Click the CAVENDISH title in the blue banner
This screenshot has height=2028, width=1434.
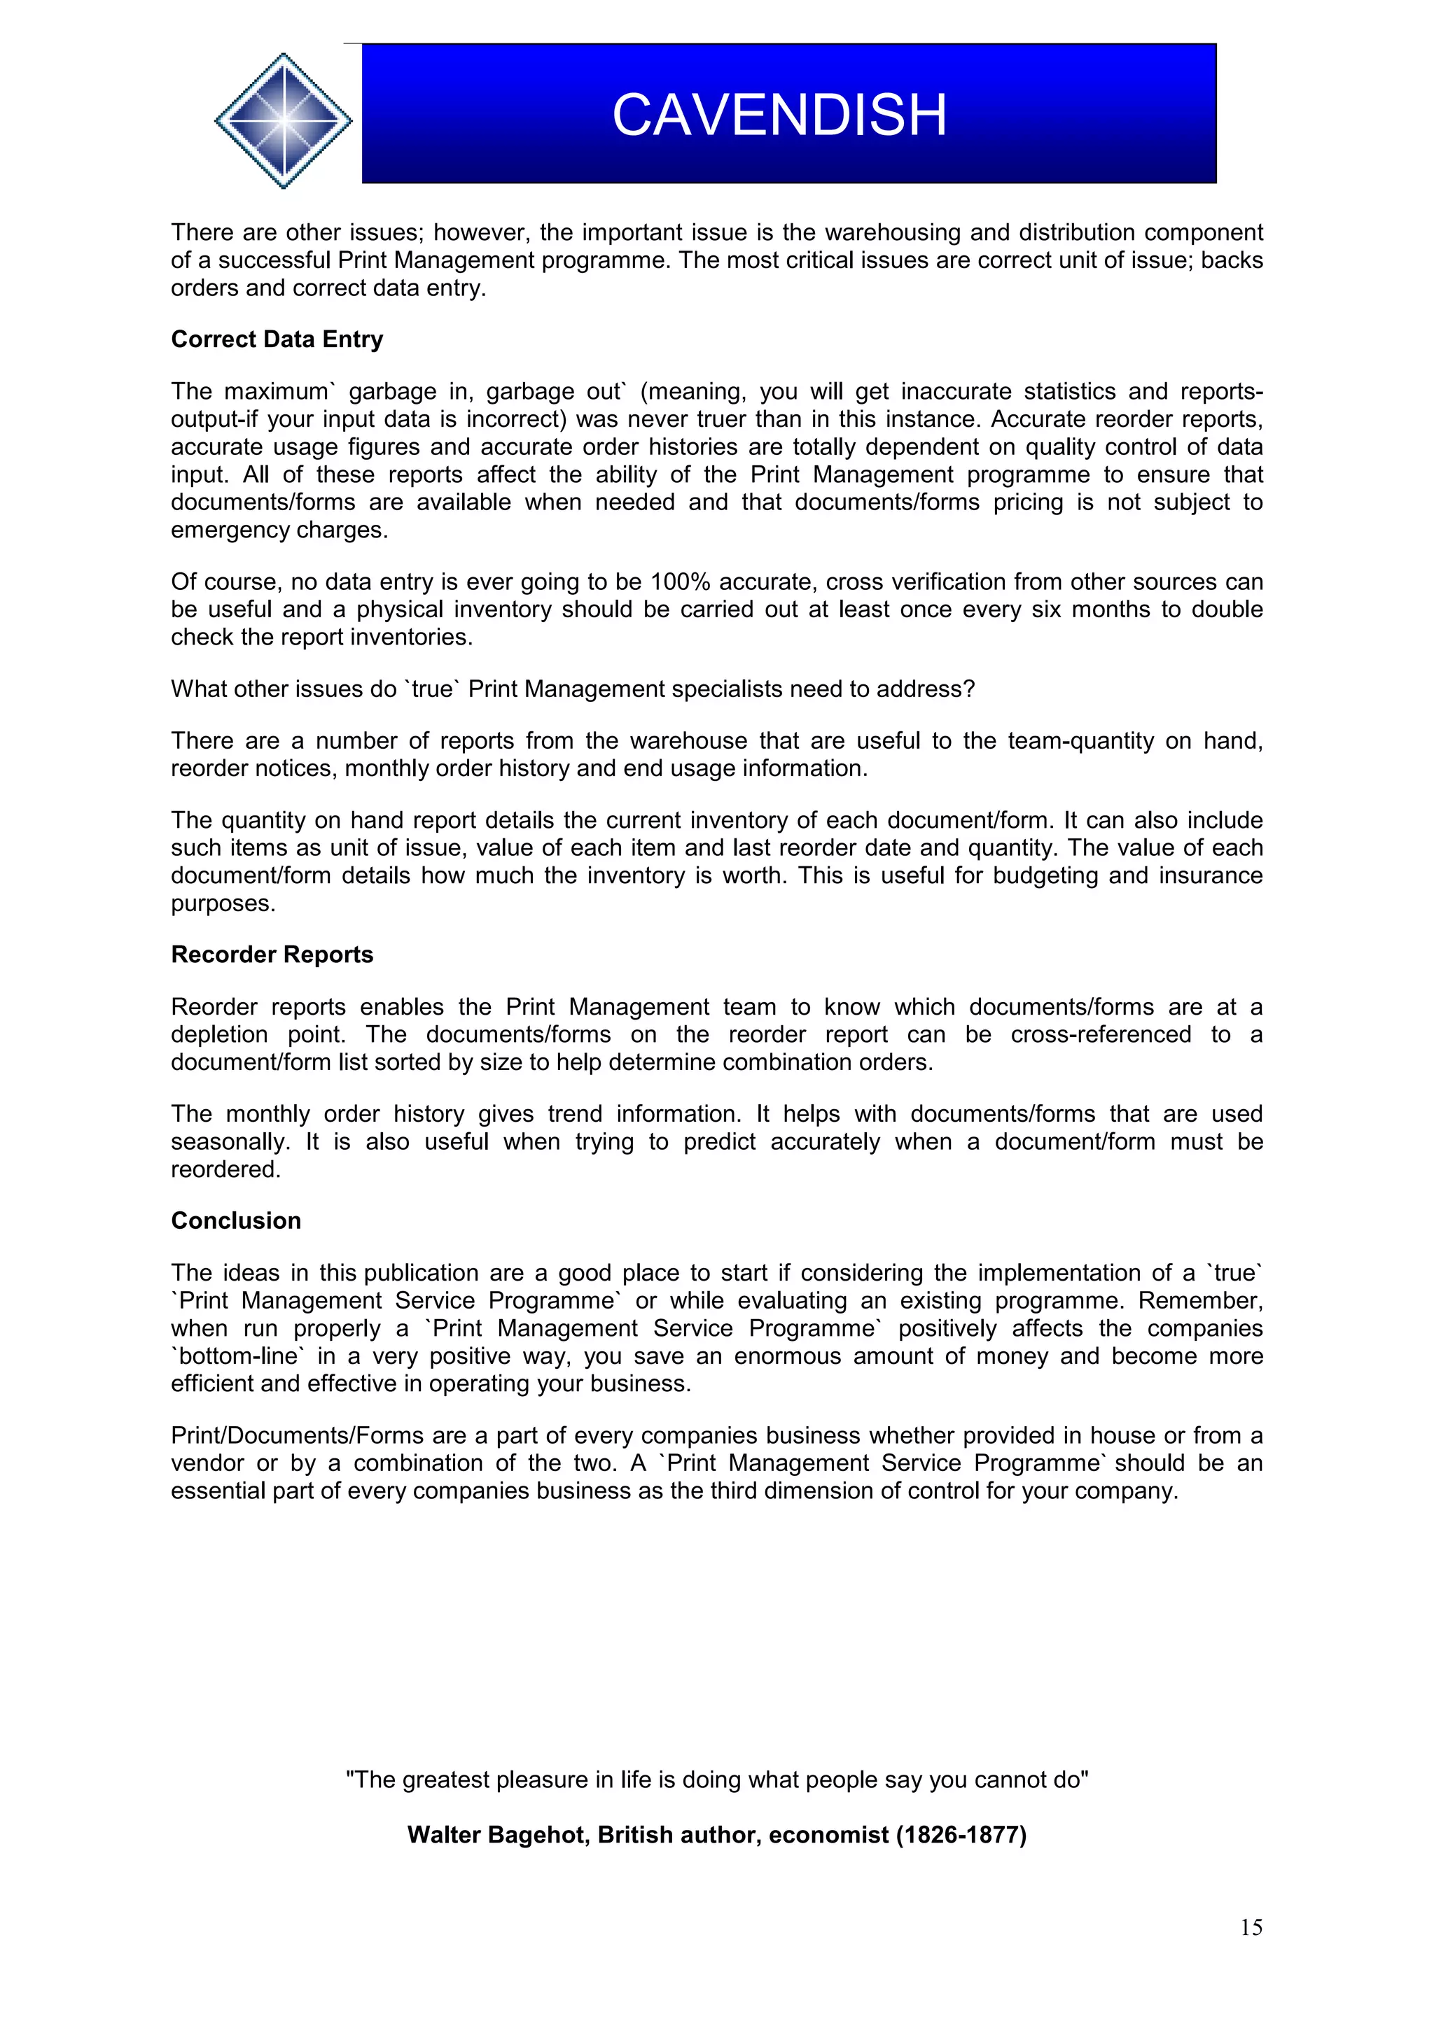(x=779, y=115)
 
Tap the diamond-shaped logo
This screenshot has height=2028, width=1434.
(x=283, y=120)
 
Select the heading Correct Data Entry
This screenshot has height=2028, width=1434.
(x=277, y=339)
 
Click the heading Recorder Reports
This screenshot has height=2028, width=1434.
(x=272, y=955)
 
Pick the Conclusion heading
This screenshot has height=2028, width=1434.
(x=236, y=1220)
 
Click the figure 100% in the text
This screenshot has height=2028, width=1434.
(x=681, y=582)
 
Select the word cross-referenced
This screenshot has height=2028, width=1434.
(x=1101, y=1034)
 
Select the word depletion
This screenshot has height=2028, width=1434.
(x=219, y=1034)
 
